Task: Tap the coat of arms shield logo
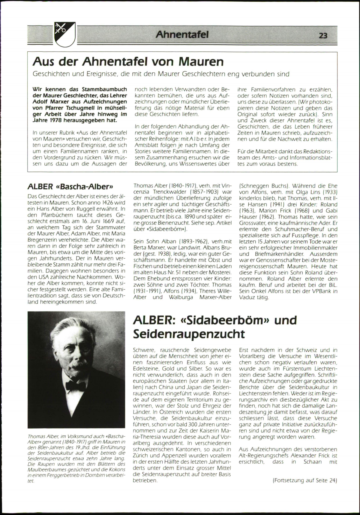64,34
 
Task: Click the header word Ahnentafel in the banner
182,35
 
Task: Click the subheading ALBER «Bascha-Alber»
70,186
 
